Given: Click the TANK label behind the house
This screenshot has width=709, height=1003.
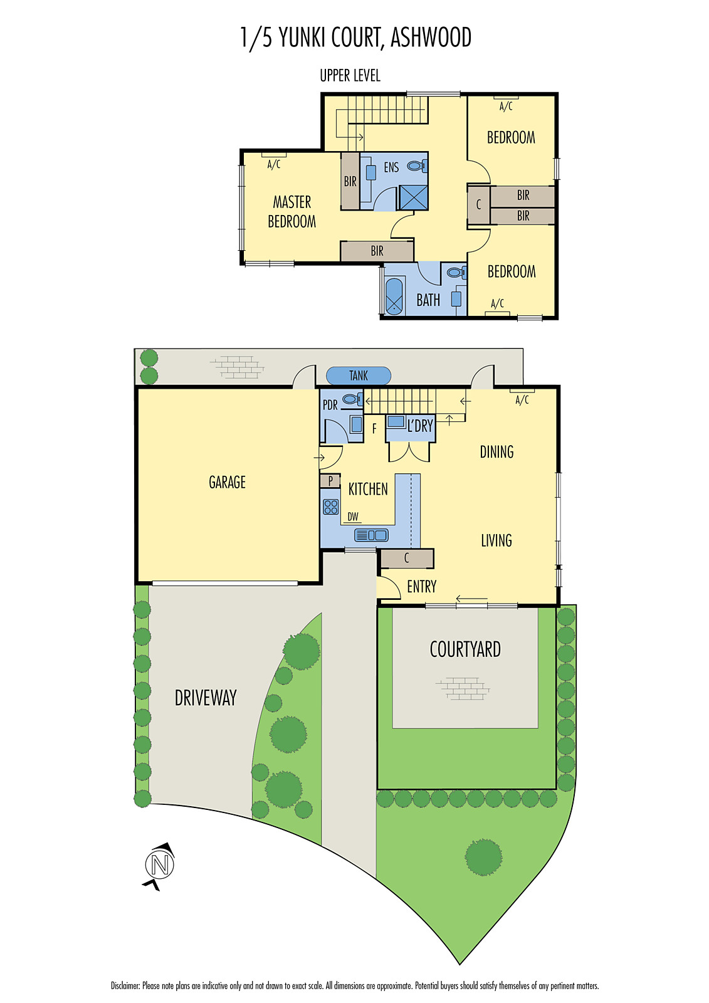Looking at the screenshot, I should [x=359, y=375].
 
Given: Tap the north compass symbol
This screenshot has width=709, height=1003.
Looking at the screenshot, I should [x=160, y=866].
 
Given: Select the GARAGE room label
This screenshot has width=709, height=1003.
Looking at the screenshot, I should [x=227, y=482].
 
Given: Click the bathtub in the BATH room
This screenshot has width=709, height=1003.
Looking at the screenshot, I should [x=394, y=296].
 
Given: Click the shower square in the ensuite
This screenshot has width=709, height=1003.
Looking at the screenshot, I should [x=413, y=197].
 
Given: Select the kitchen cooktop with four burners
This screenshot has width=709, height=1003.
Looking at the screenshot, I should [x=331, y=507].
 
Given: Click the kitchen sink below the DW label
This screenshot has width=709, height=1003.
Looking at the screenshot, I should [x=371, y=535].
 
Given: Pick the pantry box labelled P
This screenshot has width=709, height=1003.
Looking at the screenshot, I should [x=330, y=481].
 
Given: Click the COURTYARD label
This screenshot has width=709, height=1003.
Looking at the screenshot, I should [x=465, y=649].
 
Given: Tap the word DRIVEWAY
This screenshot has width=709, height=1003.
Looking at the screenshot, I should [x=206, y=698].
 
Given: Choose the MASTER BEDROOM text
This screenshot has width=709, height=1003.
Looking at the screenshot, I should [x=292, y=211].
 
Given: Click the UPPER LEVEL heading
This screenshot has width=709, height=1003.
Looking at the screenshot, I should [x=350, y=76].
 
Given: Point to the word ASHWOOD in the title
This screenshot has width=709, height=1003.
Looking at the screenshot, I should [x=431, y=38].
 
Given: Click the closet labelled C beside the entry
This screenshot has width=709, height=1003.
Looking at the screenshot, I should [x=407, y=558].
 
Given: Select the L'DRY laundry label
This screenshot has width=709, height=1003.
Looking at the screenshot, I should [x=420, y=426].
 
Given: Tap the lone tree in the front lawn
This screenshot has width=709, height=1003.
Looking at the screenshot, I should [x=483, y=857].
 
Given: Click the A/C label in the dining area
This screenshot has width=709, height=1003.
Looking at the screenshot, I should [x=522, y=399].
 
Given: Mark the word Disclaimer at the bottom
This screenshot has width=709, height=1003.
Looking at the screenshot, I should [x=125, y=985].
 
